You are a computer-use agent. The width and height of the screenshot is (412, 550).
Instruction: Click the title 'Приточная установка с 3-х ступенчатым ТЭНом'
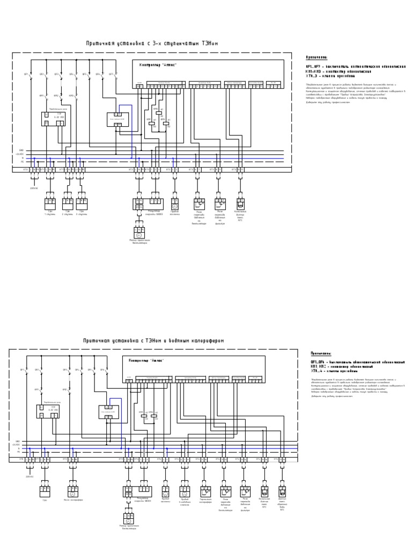(x=152, y=44)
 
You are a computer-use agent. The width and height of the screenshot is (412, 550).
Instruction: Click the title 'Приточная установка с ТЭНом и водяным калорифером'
(x=153, y=341)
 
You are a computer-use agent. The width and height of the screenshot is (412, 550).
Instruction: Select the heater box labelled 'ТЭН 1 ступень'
(x=50, y=205)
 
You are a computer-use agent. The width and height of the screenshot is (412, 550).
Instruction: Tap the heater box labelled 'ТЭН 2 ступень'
(x=68, y=205)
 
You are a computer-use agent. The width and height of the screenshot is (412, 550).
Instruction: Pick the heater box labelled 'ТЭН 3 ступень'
(x=82, y=205)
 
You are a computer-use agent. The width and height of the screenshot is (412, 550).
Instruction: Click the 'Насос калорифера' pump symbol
(x=73, y=491)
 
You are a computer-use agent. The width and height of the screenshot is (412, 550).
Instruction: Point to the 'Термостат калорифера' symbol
(x=205, y=491)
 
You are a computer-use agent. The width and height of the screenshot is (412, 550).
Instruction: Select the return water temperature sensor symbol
(x=282, y=491)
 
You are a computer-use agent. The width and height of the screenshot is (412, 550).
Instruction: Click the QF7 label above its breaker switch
(x=111, y=74)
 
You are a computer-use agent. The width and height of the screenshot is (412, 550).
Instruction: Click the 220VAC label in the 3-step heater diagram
(x=34, y=189)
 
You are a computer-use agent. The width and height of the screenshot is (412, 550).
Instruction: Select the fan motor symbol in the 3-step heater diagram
(x=138, y=235)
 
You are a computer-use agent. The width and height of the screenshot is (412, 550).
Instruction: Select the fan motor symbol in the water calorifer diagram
(x=128, y=519)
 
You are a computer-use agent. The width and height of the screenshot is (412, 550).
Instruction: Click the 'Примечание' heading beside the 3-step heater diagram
(x=316, y=57)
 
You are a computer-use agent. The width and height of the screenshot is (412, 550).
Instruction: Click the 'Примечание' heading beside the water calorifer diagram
(x=321, y=353)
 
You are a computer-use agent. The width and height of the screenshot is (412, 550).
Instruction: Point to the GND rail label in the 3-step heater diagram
(x=21, y=150)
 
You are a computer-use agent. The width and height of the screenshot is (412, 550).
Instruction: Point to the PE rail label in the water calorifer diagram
(x=17, y=452)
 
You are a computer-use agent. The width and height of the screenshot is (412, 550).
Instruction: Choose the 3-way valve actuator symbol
(x=185, y=491)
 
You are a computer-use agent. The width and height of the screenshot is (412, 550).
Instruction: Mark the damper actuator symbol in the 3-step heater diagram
(x=174, y=205)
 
